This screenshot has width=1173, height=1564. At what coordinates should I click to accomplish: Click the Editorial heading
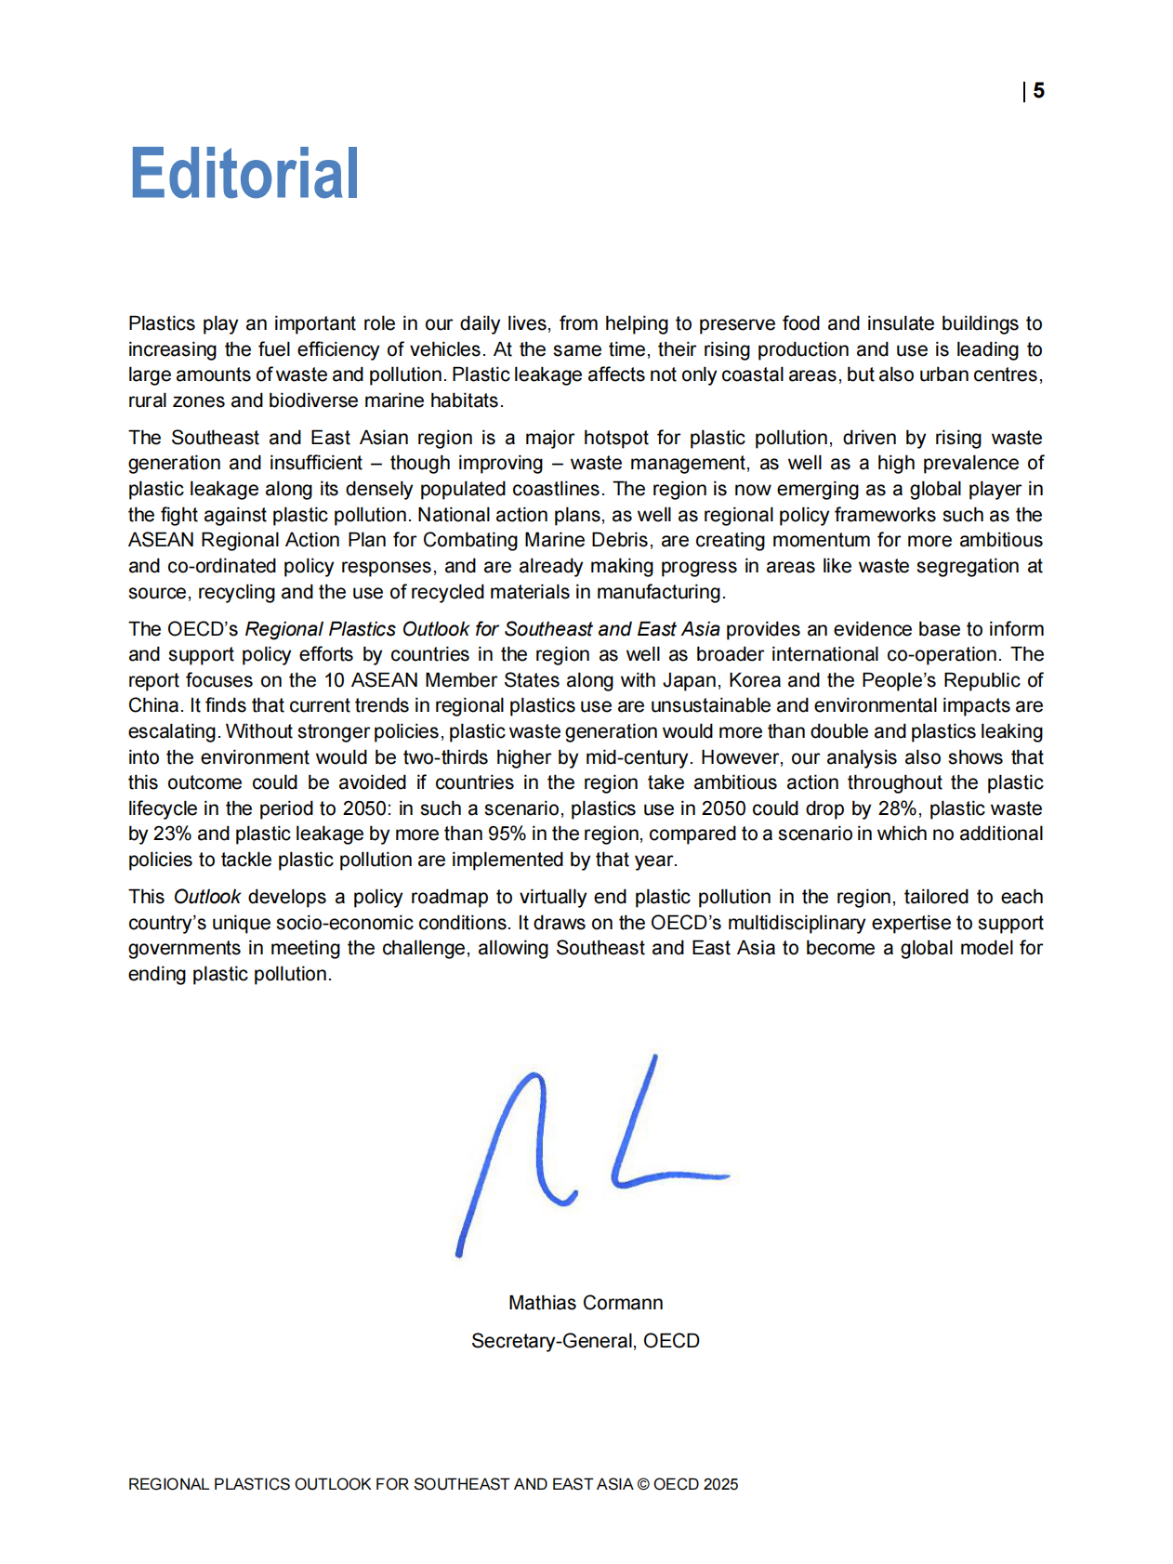(244, 174)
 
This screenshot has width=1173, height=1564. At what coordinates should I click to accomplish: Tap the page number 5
(1038, 91)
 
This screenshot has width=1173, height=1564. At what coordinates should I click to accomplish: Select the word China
(155, 705)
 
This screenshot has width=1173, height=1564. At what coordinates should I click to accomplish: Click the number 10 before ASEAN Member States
(334, 680)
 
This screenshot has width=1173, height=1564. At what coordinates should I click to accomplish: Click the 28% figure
(898, 808)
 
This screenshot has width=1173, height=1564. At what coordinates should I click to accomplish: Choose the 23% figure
(172, 834)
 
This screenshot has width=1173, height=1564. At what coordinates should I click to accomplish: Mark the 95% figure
(507, 834)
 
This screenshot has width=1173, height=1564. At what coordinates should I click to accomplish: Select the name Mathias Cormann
(586, 1303)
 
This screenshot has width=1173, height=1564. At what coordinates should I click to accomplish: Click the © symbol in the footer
(642, 1484)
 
